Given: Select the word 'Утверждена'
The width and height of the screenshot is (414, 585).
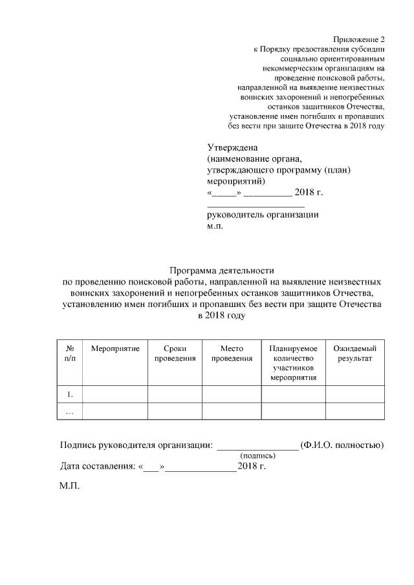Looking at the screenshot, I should point(232,147).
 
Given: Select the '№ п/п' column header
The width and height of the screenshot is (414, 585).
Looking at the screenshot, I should point(70,354).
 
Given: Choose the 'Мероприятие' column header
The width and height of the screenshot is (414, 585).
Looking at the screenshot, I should point(115,349).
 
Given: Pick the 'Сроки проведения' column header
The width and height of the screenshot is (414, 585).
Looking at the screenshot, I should point(175,354).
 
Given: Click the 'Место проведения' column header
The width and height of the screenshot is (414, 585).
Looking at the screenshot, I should point(231,354).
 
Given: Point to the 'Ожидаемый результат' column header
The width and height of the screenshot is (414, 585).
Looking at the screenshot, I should point(354,354).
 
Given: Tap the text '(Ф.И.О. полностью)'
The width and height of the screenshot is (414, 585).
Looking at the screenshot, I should point(343,445).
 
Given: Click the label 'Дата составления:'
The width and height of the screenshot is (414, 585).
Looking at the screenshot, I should point(94,465).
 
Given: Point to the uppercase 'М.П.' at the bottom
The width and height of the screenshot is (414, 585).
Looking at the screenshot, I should point(69,486).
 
